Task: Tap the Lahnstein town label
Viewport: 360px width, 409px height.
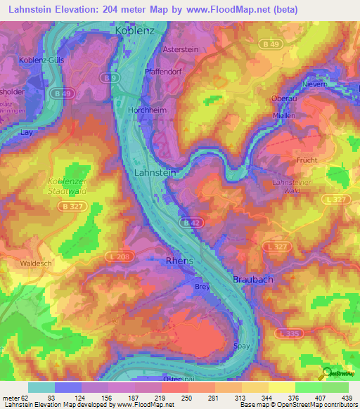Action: [155, 172]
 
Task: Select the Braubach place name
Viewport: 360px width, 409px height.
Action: [253, 279]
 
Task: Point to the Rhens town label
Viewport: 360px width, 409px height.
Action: [179, 260]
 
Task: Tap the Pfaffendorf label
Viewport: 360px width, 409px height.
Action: [164, 72]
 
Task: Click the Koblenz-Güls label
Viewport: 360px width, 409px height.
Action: [41, 60]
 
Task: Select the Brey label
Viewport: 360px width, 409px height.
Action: [202, 286]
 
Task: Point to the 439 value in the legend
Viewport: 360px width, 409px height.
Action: [347, 398]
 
